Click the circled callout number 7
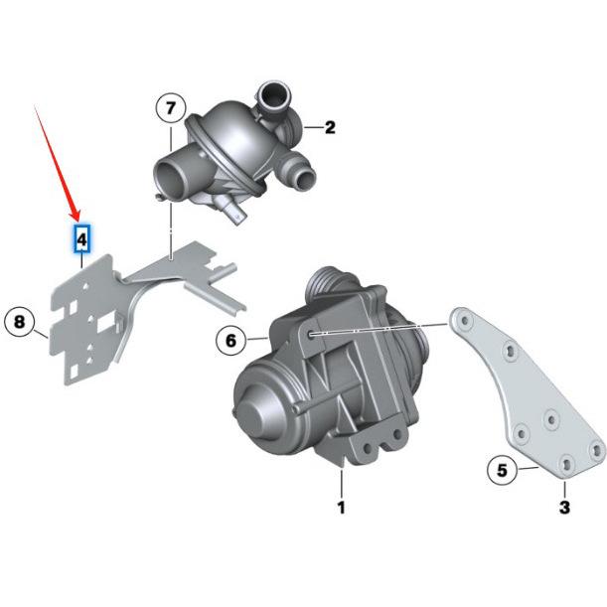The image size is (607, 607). click(170, 106)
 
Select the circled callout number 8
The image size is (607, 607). click(20, 322)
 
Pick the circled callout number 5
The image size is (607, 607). click(503, 470)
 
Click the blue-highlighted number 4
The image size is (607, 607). click(82, 238)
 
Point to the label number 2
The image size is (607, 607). click(330, 127)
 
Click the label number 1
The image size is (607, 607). click(341, 509)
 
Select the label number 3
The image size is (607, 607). click(564, 509)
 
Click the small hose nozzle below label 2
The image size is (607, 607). click(297, 176)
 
